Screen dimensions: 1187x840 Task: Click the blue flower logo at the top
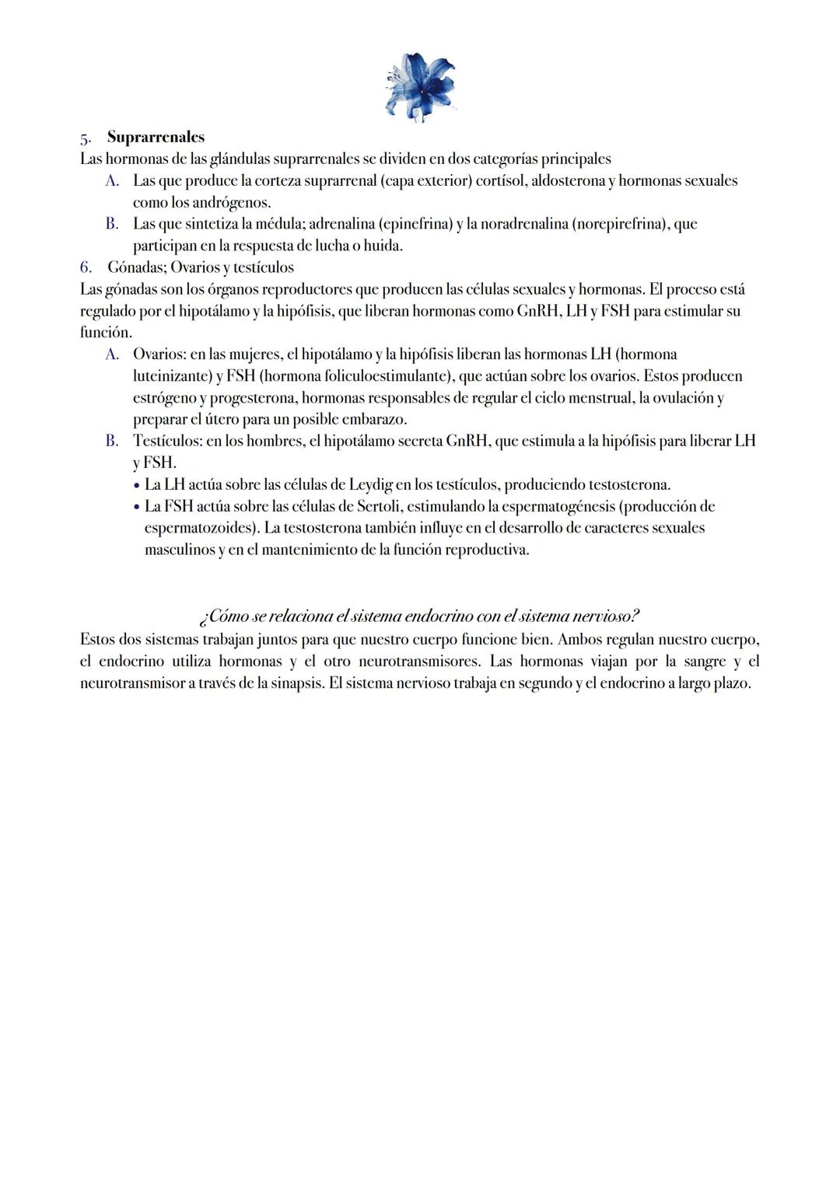tap(420, 86)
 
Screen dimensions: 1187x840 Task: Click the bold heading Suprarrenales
tap(156, 138)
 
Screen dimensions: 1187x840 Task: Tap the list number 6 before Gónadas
tap(86, 267)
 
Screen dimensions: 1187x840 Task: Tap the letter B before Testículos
tap(112, 442)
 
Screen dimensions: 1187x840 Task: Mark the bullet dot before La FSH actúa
tap(136, 508)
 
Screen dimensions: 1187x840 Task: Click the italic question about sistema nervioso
tap(419, 616)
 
